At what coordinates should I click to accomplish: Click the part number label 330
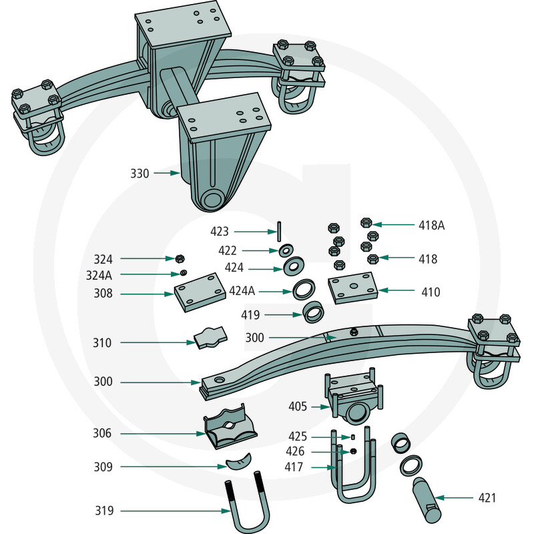pyautogui.click(x=140, y=174)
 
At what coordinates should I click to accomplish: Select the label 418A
pyautogui.click(x=432, y=225)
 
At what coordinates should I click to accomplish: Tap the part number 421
pyautogui.click(x=487, y=497)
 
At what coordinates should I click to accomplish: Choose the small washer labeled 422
pyautogui.click(x=285, y=251)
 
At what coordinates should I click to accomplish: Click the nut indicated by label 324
pyautogui.click(x=179, y=258)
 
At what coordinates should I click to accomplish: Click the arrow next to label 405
pyautogui.click(x=319, y=406)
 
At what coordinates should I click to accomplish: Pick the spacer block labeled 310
pyautogui.click(x=210, y=338)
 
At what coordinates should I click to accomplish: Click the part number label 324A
pyautogui.click(x=99, y=274)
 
